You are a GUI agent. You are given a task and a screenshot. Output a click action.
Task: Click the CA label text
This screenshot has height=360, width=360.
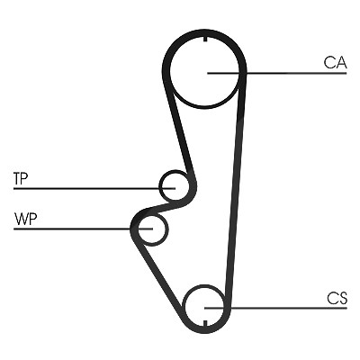tap(335, 62)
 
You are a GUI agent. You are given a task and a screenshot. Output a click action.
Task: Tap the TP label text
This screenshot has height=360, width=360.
tap(21, 179)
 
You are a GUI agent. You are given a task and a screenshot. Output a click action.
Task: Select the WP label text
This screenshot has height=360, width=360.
tap(25, 220)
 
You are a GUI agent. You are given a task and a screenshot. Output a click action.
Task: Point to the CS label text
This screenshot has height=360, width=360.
tap(337, 299)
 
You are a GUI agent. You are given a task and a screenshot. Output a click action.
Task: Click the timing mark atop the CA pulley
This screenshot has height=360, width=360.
tap(205, 39)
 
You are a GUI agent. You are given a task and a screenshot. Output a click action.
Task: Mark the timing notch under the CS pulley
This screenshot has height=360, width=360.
tap(205, 323)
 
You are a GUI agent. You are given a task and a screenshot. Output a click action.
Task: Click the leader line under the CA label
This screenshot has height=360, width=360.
tap(277, 73)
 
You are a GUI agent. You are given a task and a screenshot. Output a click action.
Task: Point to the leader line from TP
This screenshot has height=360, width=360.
tap(94, 189)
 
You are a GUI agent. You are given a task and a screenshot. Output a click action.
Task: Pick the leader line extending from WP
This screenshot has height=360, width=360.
tap(84, 229)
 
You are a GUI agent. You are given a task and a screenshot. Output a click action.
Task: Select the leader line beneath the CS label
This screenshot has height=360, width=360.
tap(275, 308)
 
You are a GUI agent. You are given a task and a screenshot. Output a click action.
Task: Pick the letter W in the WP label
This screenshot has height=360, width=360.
tap(21, 220)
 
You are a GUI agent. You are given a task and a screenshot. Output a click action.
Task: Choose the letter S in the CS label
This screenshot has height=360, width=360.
tap(342, 299)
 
